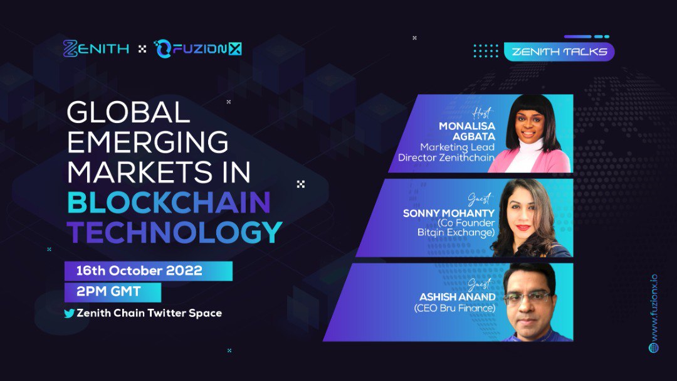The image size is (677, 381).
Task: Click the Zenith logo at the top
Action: (96, 48)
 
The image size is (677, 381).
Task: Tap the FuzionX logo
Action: (197, 48)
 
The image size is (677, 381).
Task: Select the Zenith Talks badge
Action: (559, 51)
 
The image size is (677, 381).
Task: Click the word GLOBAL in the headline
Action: (128, 113)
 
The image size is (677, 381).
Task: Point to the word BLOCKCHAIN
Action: (169, 202)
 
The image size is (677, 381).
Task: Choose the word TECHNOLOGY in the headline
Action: (175, 232)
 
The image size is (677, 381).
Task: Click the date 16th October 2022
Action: (139, 271)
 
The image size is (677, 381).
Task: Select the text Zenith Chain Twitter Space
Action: (149, 313)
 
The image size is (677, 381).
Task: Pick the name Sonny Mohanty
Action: (449, 213)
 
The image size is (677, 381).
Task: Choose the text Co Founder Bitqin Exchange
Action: (456, 228)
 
